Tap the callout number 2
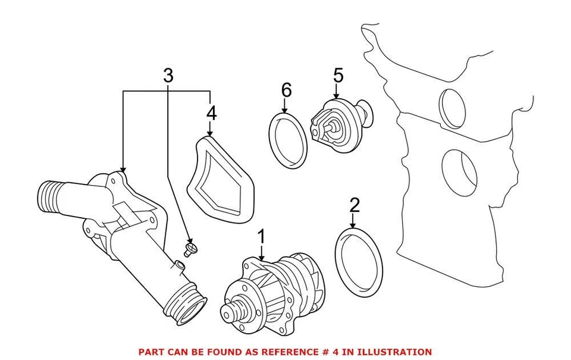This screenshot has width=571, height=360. [x=354, y=206]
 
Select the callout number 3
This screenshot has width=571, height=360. [x=168, y=76]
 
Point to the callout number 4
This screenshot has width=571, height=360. [x=211, y=112]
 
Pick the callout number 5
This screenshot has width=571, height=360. [x=338, y=76]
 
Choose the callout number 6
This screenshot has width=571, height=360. [x=286, y=90]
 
